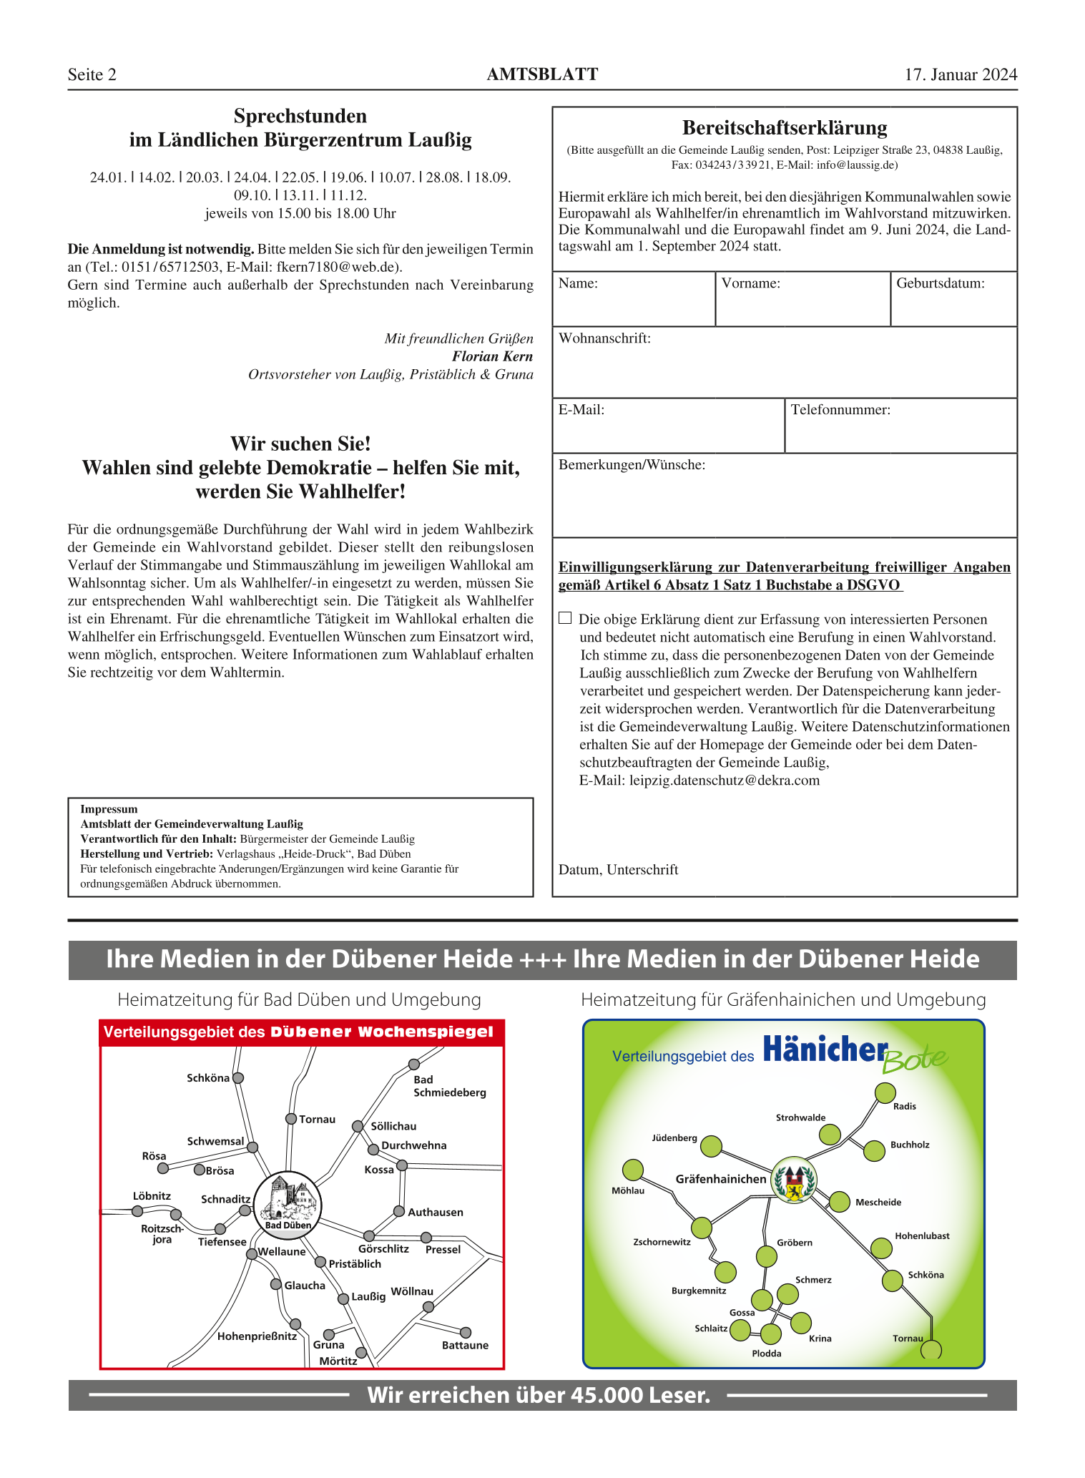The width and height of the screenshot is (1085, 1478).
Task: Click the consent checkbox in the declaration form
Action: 565,618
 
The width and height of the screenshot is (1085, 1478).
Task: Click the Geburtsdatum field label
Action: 940,283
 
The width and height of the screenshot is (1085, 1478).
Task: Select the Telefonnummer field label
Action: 840,410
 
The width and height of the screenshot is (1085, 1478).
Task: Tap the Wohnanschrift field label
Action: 604,338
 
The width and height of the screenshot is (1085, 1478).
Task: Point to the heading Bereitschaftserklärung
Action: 785,128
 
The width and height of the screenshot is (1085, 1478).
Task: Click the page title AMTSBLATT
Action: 542,74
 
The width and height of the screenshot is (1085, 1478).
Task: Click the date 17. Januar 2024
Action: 961,74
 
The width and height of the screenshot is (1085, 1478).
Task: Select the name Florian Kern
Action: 492,356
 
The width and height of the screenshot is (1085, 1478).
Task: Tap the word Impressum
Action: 109,809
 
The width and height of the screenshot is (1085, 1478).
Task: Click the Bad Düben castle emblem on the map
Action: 288,1200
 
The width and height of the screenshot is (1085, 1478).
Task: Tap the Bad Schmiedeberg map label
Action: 449,1086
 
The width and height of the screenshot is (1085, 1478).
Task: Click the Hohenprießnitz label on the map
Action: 257,1336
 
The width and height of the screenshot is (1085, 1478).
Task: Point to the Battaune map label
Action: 465,1345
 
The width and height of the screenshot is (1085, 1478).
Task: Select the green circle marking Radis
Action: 885,1093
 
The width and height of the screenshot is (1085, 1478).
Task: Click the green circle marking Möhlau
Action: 633,1170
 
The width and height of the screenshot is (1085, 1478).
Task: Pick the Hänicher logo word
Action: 825,1050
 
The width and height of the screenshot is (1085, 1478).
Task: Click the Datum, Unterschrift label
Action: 618,870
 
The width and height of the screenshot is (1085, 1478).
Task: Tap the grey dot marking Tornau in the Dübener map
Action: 291,1119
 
